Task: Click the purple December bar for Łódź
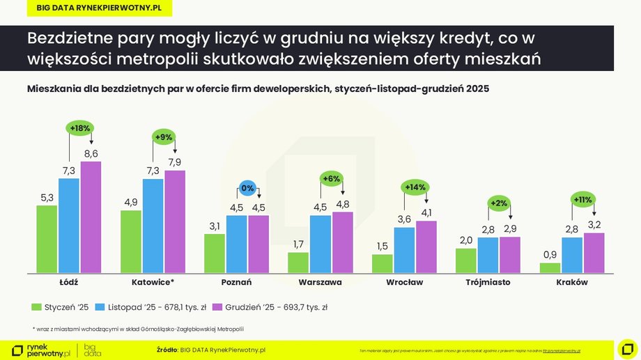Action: click(91, 217)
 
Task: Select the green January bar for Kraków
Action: click(550, 267)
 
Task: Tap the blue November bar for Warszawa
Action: click(320, 244)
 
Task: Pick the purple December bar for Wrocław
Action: click(426, 246)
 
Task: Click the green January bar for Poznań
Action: click(215, 253)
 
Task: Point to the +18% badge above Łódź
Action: click(80, 128)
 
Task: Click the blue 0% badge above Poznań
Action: click(248, 187)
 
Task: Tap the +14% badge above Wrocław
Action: click(415, 187)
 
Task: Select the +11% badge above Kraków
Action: click(582, 199)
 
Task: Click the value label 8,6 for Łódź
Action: click(91, 153)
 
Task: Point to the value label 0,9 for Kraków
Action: click(550, 255)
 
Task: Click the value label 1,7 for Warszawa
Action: click(298, 244)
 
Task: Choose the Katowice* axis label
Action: click(153, 282)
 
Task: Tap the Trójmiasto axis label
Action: click(488, 282)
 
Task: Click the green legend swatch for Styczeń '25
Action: click(36, 306)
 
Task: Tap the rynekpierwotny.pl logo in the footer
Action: click(42, 350)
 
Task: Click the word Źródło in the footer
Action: click(167, 350)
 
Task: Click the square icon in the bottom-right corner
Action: click(627, 349)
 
